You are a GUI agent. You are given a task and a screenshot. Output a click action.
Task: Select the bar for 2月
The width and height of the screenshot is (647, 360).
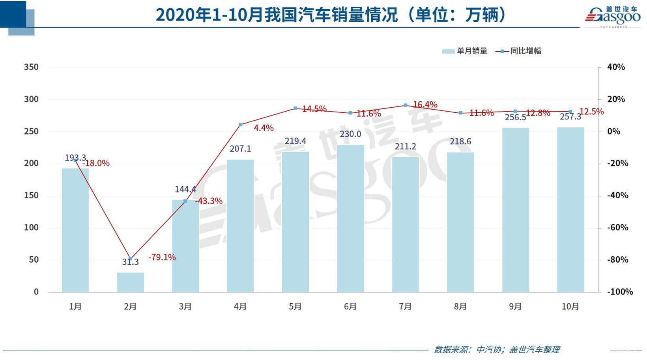(x=130, y=282)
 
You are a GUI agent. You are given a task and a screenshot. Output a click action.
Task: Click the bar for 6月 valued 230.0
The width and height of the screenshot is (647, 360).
(x=350, y=219)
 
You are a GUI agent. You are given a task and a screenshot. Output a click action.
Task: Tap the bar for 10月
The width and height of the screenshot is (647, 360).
(x=570, y=210)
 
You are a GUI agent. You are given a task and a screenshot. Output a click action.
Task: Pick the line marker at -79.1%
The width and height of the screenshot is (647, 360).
(x=130, y=259)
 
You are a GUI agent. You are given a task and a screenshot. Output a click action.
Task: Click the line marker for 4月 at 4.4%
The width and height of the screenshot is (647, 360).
(x=240, y=125)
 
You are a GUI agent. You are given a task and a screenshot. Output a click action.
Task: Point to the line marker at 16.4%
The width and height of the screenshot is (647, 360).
(x=405, y=105)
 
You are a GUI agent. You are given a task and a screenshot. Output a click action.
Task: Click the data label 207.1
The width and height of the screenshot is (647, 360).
(x=240, y=149)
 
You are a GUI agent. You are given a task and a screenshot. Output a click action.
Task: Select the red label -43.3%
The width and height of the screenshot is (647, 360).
(x=209, y=201)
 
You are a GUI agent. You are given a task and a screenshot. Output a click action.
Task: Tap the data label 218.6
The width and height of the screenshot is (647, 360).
(x=460, y=141)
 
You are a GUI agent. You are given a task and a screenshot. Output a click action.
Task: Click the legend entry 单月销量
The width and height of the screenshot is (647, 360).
(x=465, y=51)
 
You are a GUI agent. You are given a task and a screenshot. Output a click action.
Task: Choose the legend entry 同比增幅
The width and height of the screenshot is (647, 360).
(x=518, y=51)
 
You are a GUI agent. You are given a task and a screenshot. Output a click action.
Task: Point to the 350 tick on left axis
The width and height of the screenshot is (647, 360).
(x=31, y=67)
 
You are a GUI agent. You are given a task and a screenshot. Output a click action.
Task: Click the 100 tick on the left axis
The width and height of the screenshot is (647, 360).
(x=31, y=228)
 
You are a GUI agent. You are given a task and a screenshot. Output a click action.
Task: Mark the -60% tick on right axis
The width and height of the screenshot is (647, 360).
(x=617, y=228)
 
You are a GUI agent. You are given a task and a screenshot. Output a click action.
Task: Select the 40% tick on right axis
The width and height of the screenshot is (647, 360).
(x=616, y=67)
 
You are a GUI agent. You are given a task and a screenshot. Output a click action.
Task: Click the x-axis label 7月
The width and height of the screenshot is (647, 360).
(x=405, y=306)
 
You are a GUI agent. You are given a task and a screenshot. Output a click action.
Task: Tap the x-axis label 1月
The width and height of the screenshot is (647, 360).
(x=75, y=306)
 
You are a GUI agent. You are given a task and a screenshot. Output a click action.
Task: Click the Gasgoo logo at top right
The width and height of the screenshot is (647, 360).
(x=612, y=16)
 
